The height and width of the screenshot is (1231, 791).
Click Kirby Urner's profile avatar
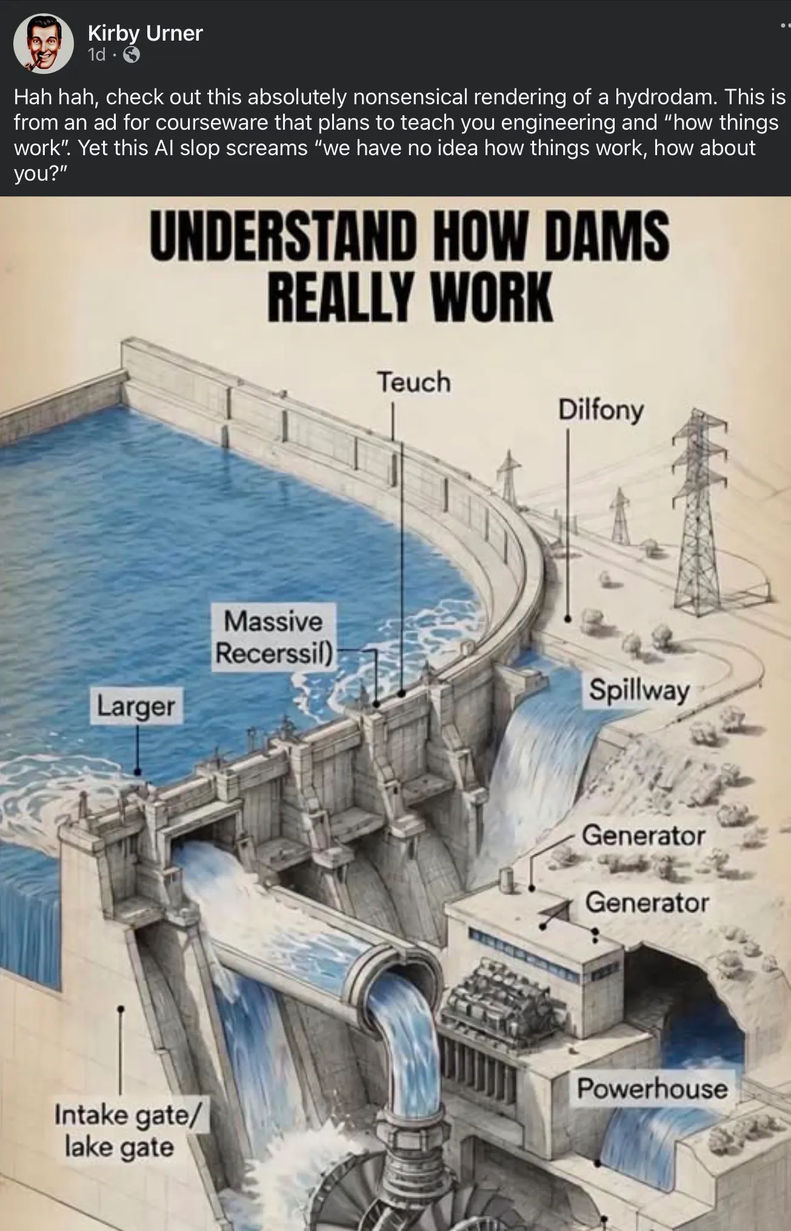pos(43,43)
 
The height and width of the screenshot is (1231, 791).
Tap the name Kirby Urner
pos(145,33)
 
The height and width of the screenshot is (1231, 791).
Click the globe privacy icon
pos(132,55)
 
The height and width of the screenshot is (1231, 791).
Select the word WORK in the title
pos(492,297)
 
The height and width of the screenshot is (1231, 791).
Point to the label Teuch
pos(415,382)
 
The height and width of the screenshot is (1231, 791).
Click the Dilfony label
pos(601,410)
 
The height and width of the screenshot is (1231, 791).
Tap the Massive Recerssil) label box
pos(273,637)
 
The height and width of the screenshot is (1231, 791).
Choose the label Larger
pos(136,706)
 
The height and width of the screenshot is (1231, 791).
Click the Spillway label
pos(639,690)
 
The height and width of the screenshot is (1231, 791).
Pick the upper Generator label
pos(643,836)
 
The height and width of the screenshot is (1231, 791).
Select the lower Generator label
pos(647,902)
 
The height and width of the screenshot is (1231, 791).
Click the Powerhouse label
pos(652,1089)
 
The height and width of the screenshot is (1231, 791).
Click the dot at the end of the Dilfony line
pos(568,619)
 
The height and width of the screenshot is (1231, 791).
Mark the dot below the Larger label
pos(138,772)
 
